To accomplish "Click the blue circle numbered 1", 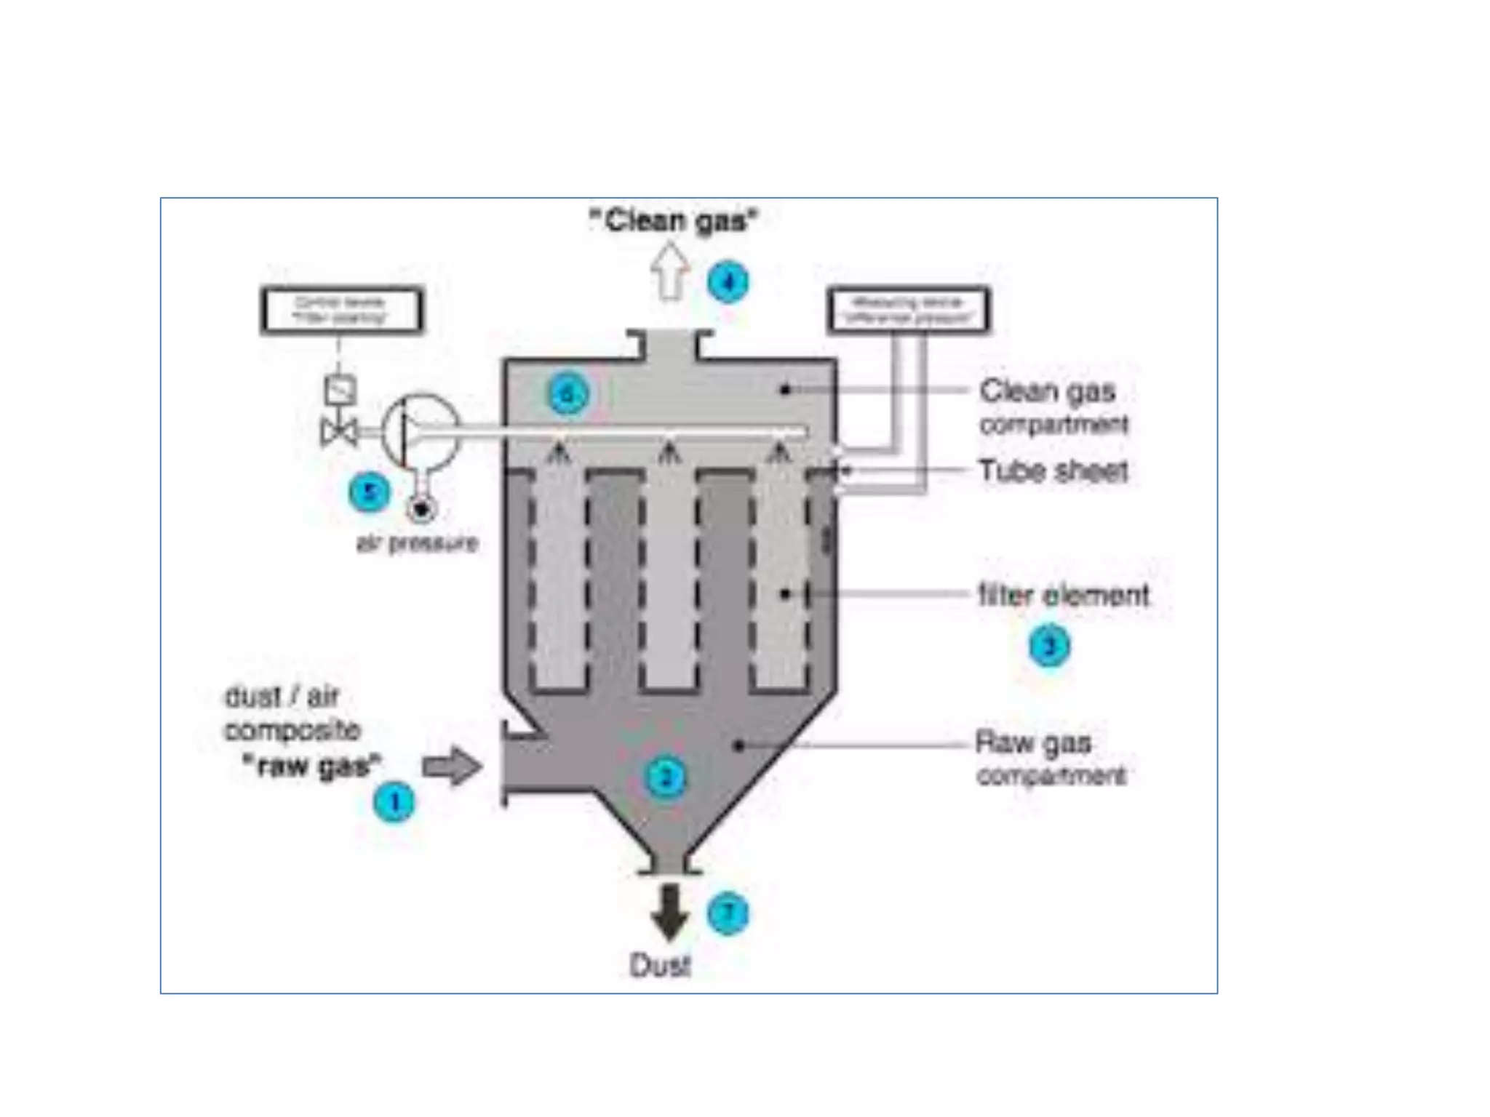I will click(394, 803).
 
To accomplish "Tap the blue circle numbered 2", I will click(665, 777).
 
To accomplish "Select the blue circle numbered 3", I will click(1049, 646).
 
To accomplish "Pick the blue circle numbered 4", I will click(728, 282).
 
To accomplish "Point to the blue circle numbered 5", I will click(370, 492).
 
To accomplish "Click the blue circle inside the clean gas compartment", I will click(567, 394).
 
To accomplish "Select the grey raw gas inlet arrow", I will click(452, 766).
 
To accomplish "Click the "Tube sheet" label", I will click(1053, 471).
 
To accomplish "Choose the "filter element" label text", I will click(1063, 596).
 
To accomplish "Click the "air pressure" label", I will click(417, 543).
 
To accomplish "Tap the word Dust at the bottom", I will click(659, 965).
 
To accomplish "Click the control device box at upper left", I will click(341, 311).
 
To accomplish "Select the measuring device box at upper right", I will click(908, 311).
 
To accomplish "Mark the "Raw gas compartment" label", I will click(1050, 758).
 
